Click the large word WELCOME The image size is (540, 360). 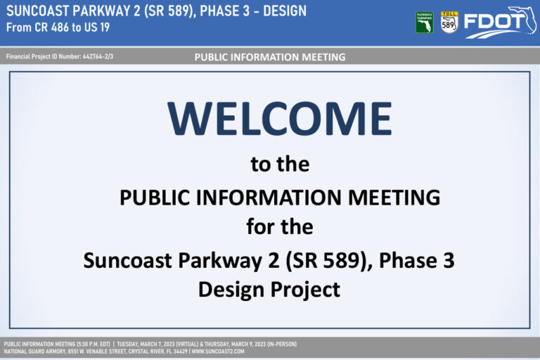(x=280, y=119)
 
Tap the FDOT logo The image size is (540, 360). (x=500, y=22)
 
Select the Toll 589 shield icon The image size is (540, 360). (x=449, y=22)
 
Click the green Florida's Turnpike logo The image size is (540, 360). (x=424, y=22)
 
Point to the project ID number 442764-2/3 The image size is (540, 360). (x=98, y=56)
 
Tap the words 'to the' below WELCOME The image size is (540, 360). (x=280, y=165)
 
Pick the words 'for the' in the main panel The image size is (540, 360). (x=280, y=226)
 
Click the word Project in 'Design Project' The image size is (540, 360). (x=305, y=290)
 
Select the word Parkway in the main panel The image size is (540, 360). (x=219, y=260)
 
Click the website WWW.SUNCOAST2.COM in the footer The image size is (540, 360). (x=218, y=352)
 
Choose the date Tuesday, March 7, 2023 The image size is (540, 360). (x=146, y=344)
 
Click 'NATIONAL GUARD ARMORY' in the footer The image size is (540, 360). (x=34, y=352)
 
